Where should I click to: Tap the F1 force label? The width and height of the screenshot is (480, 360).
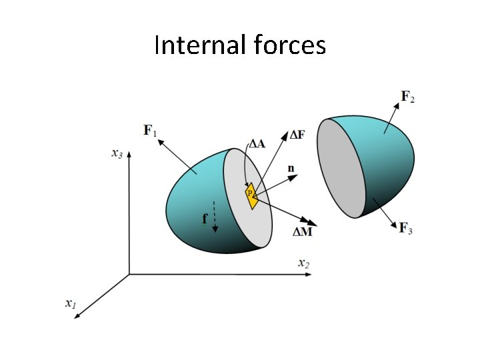tap(150, 131)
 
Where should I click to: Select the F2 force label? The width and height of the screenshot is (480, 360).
tap(407, 97)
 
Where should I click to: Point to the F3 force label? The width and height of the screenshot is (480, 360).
tap(405, 228)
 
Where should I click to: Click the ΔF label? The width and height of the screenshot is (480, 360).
tap(297, 135)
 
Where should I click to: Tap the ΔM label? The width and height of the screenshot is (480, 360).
tap(303, 231)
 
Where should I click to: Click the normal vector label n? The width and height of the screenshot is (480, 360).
tap(291, 169)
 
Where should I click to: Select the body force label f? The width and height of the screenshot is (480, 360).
tap(205, 218)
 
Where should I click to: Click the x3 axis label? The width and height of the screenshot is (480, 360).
tap(117, 154)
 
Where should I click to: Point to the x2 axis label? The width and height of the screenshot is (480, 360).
tap(303, 263)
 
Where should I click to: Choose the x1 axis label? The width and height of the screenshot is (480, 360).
tap(70, 303)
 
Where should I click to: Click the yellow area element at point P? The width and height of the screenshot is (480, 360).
tap(251, 194)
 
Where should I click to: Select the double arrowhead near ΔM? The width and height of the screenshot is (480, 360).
tap(308, 223)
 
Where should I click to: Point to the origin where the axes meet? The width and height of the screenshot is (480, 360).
tap(129, 274)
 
